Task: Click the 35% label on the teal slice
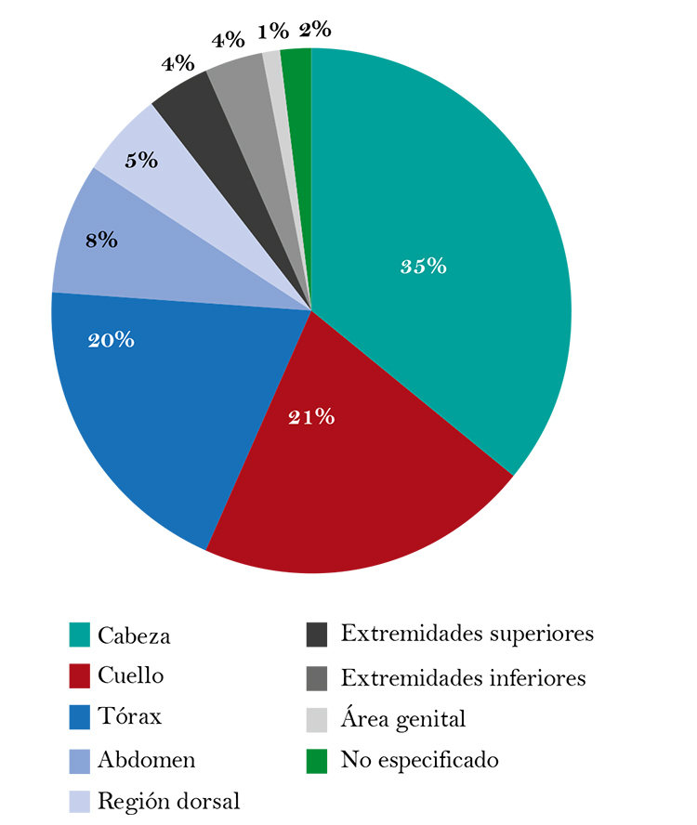pos(424,267)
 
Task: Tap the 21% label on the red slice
pos(311,417)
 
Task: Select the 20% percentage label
pos(111,340)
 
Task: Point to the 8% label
pos(101,240)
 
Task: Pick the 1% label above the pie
pos(273,32)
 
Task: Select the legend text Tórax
pos(129,718)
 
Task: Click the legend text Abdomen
pos(146,759)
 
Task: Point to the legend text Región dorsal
pos(168,801)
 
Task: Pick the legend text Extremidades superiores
pos(467,635)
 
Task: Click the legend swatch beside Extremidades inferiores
pos(317,677)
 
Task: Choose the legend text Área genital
pos(402,718)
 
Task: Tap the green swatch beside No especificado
pos(317,760)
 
